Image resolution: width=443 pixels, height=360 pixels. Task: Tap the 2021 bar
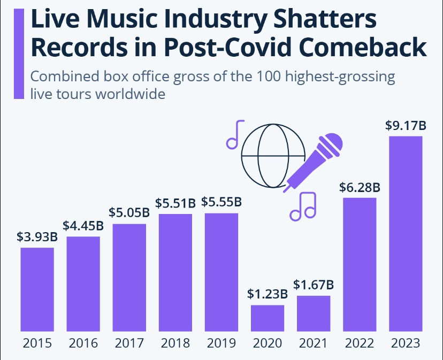pos(314,313)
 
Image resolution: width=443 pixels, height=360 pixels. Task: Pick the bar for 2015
pos(37,289)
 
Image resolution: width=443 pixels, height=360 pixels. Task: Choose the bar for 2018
pos(175,273)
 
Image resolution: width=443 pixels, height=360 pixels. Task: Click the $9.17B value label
pos(406,127)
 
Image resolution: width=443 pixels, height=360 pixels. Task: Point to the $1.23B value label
pos(268,294)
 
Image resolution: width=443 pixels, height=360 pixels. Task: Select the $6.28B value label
pos(360,188)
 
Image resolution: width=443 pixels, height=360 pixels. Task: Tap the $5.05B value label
pos(129,213)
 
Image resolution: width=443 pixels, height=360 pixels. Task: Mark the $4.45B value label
pos(83,226)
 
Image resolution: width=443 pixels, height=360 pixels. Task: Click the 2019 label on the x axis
pos(222,343)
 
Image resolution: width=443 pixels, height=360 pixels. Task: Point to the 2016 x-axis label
pos(83,343)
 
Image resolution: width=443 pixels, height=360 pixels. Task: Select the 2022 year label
pos(360,343)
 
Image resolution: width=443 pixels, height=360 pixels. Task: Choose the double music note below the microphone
pos(303,206)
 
